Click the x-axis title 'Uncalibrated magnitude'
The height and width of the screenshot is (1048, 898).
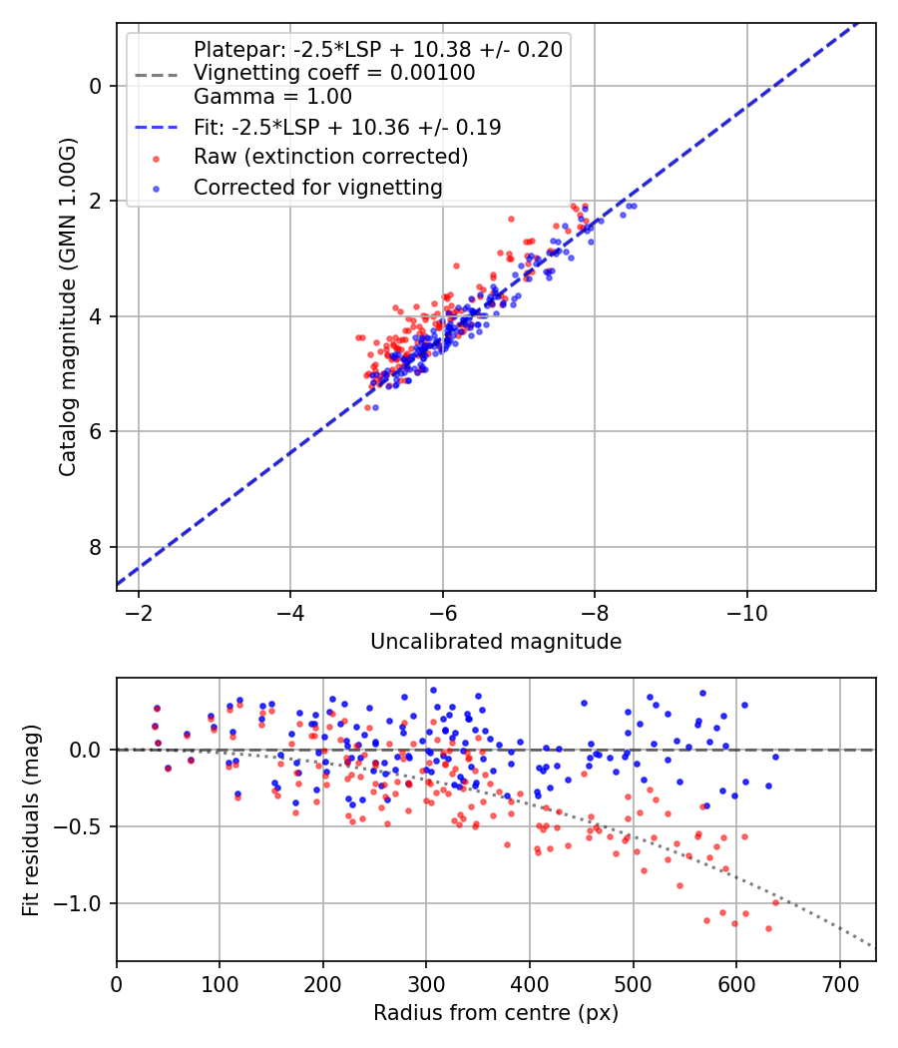pos(496,642)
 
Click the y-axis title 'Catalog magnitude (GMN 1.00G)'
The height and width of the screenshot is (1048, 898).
pos(67,306)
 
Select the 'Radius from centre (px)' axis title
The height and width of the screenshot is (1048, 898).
pos(496,1013)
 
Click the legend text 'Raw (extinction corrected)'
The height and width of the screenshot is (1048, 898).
pos(330,157)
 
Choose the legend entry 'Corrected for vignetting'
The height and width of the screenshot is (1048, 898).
pos(318,187)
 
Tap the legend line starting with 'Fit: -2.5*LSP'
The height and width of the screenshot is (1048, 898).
pos(347,128)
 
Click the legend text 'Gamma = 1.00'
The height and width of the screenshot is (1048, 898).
pos(272,98)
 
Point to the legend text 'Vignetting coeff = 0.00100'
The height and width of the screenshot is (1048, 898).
pos(334,73)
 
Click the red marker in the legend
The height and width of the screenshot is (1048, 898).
pos(156,158)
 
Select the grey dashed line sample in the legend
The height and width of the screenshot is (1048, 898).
pos(156,74)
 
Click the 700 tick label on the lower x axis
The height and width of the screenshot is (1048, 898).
pos(839,983)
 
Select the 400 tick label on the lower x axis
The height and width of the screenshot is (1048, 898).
pos(530,983)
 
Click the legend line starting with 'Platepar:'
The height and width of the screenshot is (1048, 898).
pos(377,49)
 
